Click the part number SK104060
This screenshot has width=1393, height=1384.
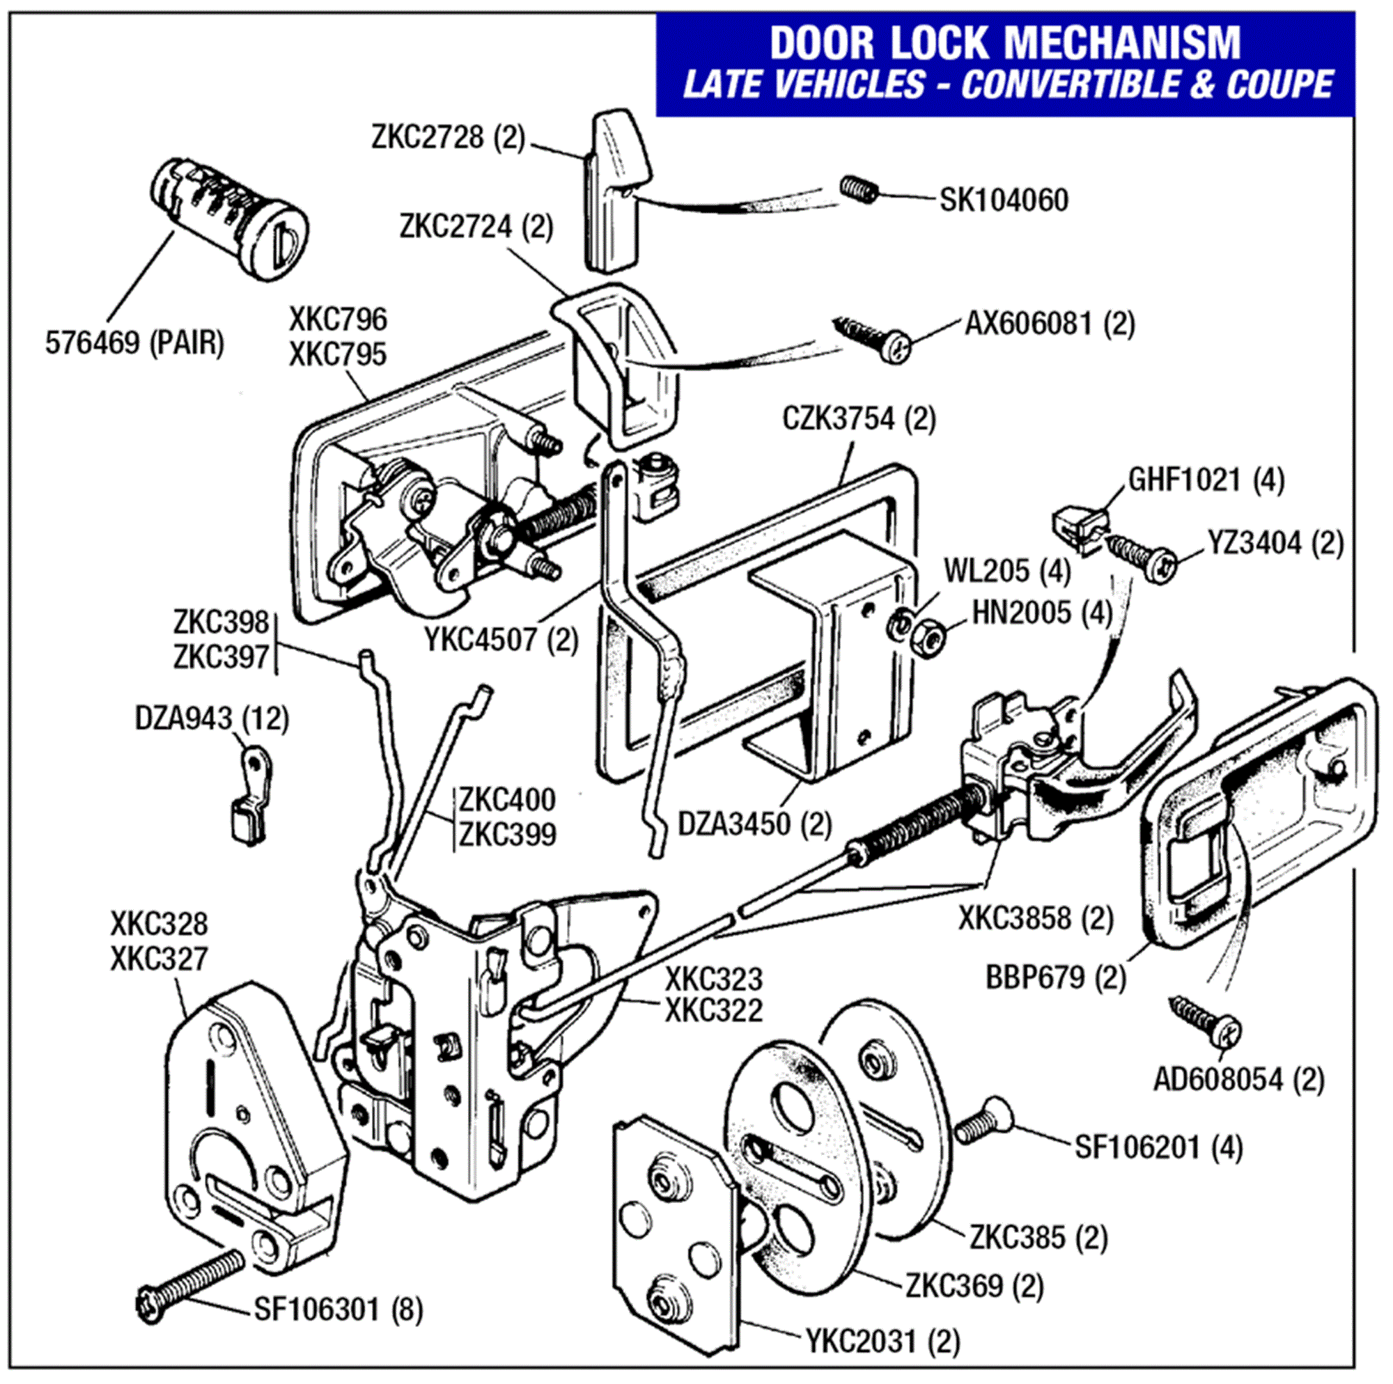(1003, 200)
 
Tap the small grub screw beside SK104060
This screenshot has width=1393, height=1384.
(859, 189)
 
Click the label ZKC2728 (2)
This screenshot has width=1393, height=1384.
(449, 137)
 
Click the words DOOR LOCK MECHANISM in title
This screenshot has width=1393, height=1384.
(1005, 43)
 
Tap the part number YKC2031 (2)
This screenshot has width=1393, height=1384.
(882, 1342)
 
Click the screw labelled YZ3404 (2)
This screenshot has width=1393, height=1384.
(1144, 556)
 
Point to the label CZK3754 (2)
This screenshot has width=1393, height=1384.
(859, 419)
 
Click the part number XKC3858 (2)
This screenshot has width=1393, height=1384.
(1036, 918)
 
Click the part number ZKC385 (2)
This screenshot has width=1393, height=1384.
(1038, 1238)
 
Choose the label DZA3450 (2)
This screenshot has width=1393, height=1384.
(754, 823)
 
